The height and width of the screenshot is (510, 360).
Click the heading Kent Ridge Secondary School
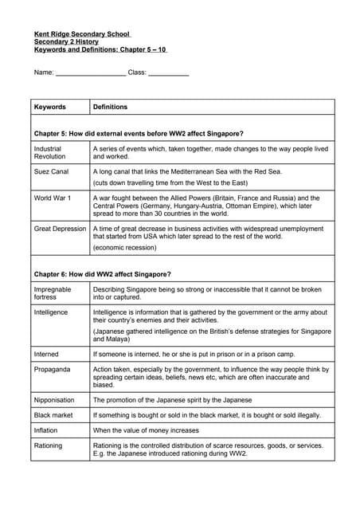[82, 33]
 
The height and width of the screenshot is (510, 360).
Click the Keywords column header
[49, 107]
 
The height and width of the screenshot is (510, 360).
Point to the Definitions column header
[110, 107]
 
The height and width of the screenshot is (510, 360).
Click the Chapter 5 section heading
[139, 133]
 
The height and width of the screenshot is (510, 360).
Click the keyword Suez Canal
[51, 171]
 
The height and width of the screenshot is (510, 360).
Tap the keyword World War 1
[53, 198]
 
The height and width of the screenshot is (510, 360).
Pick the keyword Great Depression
[60, 229]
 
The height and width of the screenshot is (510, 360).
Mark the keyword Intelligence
[51, 312]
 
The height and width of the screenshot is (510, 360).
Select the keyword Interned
[46, 353]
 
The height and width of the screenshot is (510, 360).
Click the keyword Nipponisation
[55, 399]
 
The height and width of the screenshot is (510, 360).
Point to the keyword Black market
[54, 415]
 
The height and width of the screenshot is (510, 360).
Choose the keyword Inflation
[47, 430]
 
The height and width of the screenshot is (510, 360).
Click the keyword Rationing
[48, 445]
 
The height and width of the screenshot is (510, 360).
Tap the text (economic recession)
[123, 248]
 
